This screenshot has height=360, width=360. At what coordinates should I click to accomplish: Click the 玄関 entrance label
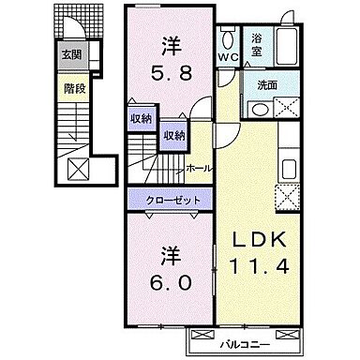(x=72, y=54)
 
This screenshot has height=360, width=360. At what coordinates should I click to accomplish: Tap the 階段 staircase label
(x=72, y=90)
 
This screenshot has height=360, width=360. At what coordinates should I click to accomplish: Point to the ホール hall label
(x=198, y=169)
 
